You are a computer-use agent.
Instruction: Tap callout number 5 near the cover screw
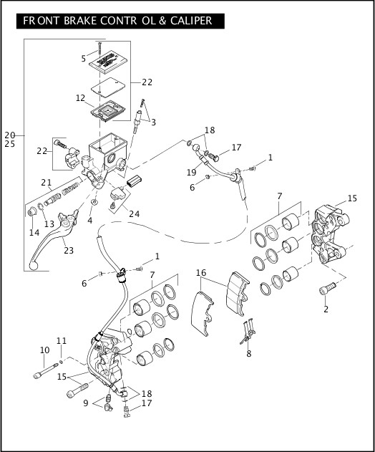click(84, 58)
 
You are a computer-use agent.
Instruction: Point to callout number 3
click(152, 122)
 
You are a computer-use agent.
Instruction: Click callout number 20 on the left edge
click(10, 135)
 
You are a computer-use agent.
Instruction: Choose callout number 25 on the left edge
click(10, 144)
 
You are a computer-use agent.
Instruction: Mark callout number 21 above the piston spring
click(47, 182)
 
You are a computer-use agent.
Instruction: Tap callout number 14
click(34, 233)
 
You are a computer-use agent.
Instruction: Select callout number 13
click(49, 224)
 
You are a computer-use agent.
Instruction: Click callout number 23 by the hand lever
click(69, 250)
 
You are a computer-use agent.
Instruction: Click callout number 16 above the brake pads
click(201, 273)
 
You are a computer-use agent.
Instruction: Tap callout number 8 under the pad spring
click(249, 353)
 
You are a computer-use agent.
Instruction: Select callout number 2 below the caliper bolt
click(326, 309)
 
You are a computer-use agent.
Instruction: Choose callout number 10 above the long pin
click(44, 350)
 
